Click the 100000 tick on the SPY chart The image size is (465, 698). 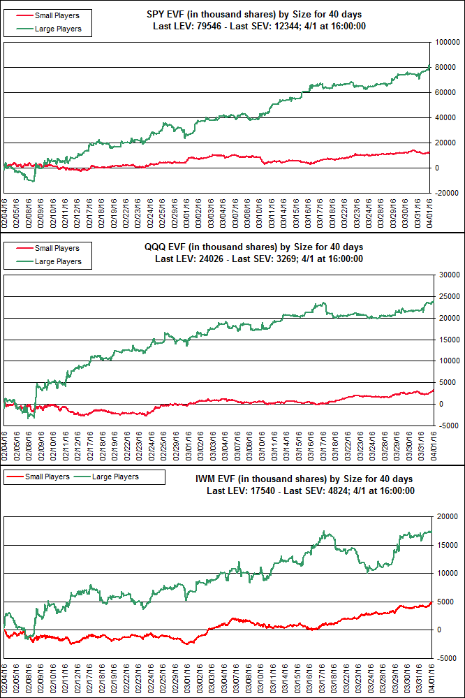point(448,42)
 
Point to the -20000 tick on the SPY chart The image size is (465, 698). point(448,193)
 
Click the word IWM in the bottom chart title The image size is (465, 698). point(226,479)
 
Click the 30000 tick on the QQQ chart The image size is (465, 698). point(450,275)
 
